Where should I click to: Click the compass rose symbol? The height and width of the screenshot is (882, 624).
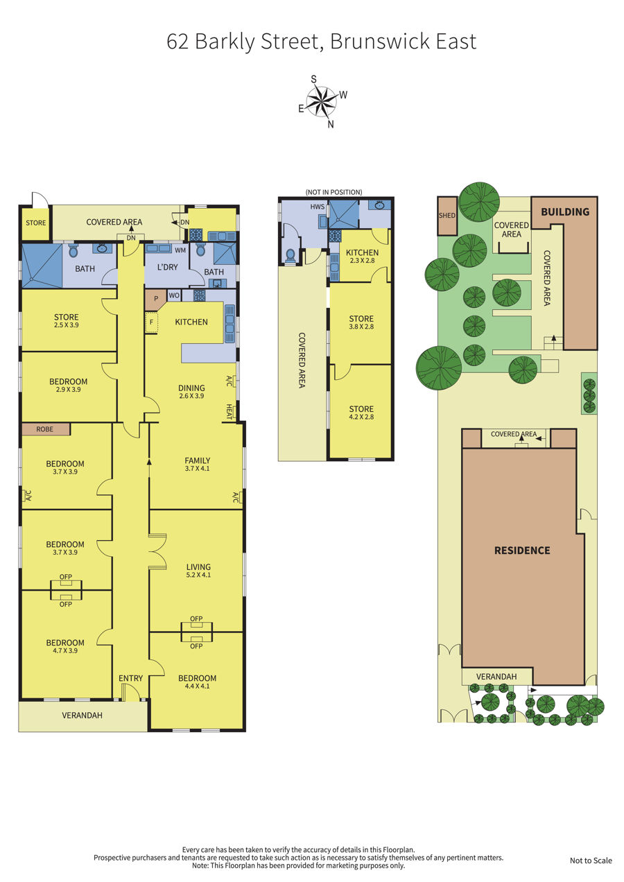322,102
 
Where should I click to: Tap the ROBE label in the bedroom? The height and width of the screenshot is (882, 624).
44,429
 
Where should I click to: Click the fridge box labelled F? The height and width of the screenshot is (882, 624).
151,322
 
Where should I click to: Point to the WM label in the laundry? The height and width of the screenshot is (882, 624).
180,250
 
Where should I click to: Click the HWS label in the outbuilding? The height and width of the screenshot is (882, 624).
318,207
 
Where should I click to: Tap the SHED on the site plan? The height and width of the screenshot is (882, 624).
447,216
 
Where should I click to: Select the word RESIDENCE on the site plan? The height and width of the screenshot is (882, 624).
522,551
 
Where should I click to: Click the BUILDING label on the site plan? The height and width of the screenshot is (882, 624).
565,212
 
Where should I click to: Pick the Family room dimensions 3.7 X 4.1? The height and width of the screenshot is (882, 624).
197,469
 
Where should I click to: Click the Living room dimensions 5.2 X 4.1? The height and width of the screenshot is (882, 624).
198,575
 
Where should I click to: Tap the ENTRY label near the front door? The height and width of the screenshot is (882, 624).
131,678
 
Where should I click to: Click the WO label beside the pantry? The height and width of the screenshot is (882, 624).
174,295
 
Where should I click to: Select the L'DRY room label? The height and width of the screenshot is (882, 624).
168,268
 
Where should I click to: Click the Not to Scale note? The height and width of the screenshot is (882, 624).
591,861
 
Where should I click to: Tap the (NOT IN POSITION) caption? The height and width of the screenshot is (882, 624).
334,192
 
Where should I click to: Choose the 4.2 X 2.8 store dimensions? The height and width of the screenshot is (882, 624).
361,417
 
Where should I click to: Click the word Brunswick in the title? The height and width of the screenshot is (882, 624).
380,42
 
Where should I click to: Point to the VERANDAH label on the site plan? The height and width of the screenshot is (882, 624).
496,677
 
